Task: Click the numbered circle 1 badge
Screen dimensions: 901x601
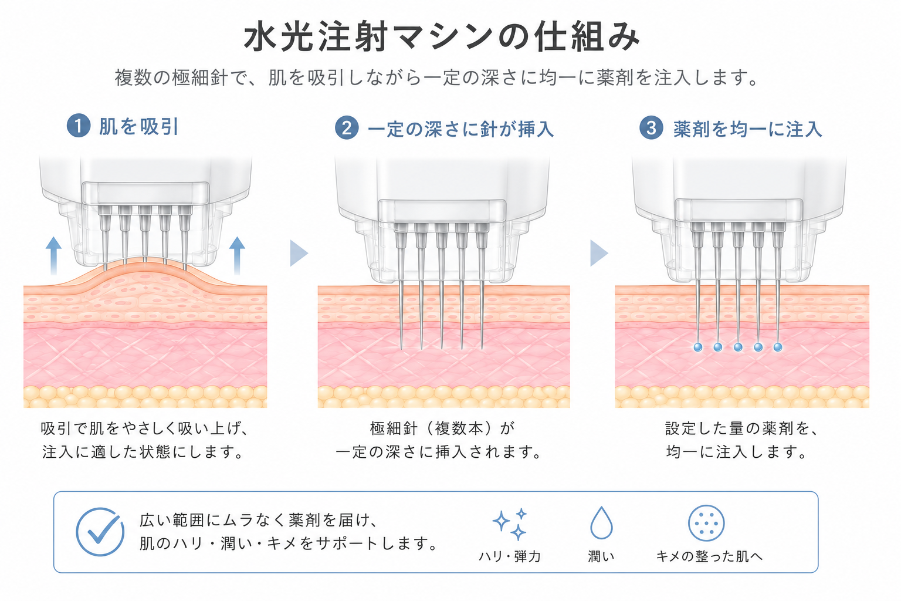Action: (79, 126)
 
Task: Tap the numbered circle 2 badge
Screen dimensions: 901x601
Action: (347, 128)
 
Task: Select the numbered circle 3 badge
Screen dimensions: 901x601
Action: (651, 127)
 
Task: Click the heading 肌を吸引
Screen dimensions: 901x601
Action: (139, 126)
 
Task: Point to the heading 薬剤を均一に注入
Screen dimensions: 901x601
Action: (748, 129)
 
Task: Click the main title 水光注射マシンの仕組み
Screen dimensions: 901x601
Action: (442, 37)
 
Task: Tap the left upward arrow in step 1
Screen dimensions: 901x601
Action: (53, 256)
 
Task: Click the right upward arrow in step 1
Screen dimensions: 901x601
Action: (237, 256)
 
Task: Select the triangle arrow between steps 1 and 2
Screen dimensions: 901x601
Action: (299, 253)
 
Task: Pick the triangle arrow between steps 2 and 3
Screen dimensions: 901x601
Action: (599, 253)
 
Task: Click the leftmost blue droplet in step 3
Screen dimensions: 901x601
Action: (698, 347)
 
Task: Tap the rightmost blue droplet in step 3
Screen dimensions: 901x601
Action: (778, 347)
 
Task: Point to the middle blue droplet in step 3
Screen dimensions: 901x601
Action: (738, 347)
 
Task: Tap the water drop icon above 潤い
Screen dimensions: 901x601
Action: (601, 523)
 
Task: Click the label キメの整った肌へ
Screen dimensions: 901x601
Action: (710, 556)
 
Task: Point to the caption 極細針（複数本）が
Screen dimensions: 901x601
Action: (442, 428)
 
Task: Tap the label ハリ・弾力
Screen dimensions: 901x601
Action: (510, 556)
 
